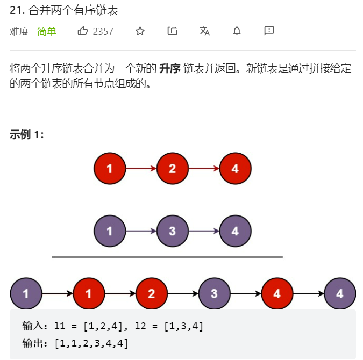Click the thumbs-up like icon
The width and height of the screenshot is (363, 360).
(83, 31)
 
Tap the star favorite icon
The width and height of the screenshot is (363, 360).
(140, 31)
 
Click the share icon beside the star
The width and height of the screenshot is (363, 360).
(172, 31)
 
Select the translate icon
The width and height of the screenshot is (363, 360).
(204, 31)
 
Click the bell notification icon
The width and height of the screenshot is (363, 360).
(237, 31)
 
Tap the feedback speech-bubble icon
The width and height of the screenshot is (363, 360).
(269, 31)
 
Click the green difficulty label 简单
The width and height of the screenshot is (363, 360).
(47, 32)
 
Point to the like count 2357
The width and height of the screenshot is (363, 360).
(103, 32)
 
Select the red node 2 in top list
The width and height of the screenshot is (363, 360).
(172, 169)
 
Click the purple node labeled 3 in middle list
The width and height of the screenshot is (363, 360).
(172, 232)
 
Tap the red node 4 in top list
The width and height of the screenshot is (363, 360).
(235, 169)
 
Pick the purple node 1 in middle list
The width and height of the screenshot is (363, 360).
(110, 232)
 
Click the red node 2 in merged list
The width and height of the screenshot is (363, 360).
(151, 294)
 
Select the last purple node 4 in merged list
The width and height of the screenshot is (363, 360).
(340, 294)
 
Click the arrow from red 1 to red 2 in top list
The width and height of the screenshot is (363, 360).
(141, 169)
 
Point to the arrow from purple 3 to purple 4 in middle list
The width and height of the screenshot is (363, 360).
(204, 232)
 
